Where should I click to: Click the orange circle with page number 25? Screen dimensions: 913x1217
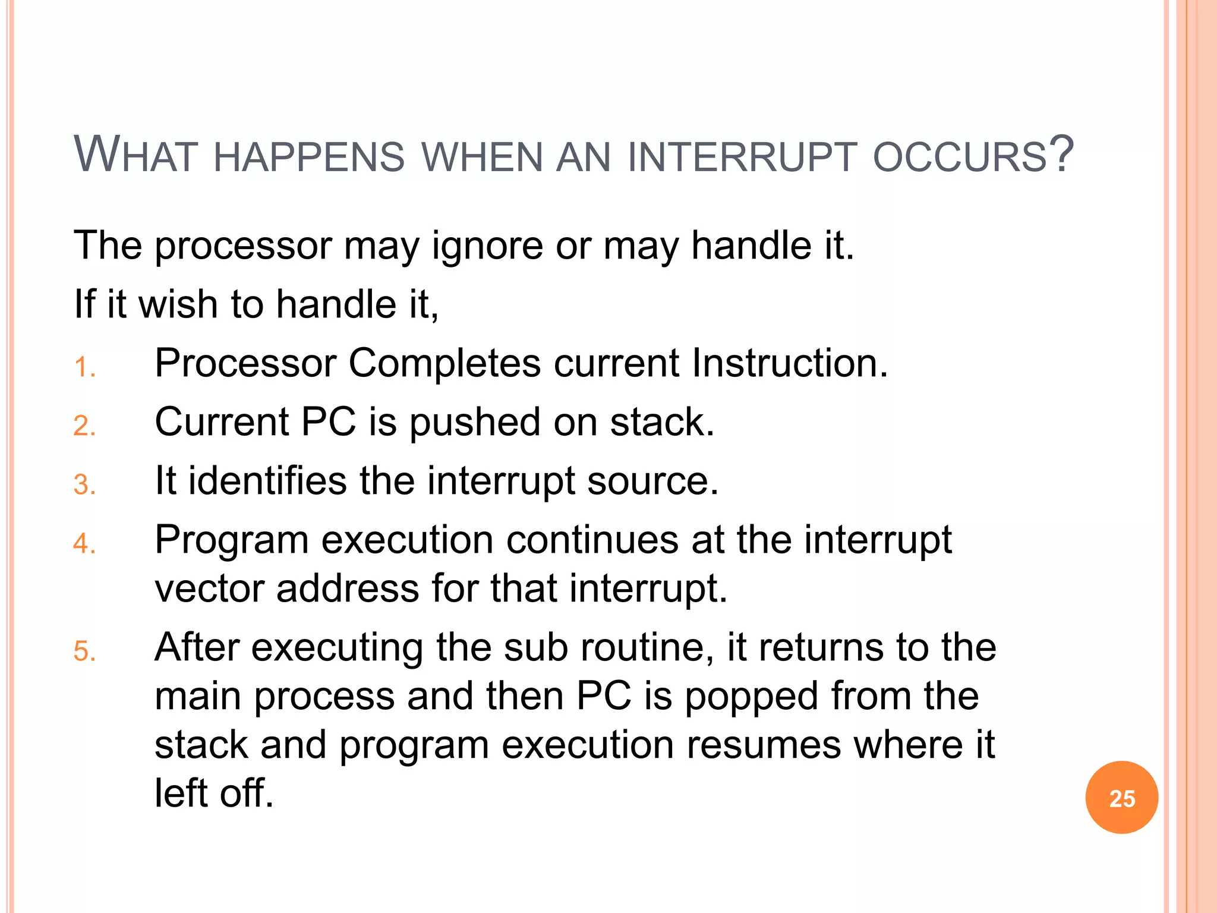1121,798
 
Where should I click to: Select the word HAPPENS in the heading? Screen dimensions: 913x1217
309,158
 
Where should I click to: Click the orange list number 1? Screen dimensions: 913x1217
84,367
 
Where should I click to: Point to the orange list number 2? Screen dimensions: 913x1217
84,426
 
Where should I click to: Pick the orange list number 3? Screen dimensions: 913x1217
84,485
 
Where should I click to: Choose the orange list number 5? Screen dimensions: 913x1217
84,651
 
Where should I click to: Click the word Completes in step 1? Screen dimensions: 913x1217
444,363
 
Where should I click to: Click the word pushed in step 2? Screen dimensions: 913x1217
475,423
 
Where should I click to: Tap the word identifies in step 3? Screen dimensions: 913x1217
267,480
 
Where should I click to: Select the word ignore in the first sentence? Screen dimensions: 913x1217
487,246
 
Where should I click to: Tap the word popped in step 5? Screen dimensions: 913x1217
751,697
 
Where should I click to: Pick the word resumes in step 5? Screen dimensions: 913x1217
764,745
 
